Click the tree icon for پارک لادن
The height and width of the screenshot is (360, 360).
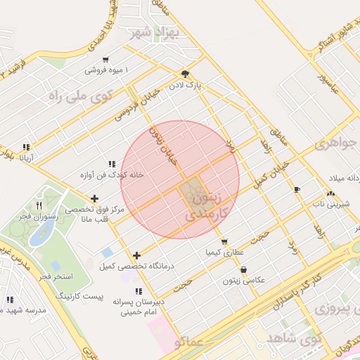pyautogui.click(x=185, y=73)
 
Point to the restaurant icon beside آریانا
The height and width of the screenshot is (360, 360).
pyautogui.click(x=26, y=148)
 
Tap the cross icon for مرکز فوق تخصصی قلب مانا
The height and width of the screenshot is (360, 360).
pyautogui.click(x=95, y=199)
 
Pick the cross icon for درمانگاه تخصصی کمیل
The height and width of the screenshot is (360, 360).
pyautogui.click(x=136, y=255)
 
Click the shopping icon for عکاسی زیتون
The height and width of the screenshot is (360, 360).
pyautogui.click(x=243, y=269)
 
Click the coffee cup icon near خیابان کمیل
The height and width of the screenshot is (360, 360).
pyautogui.click(x=297, y=189)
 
